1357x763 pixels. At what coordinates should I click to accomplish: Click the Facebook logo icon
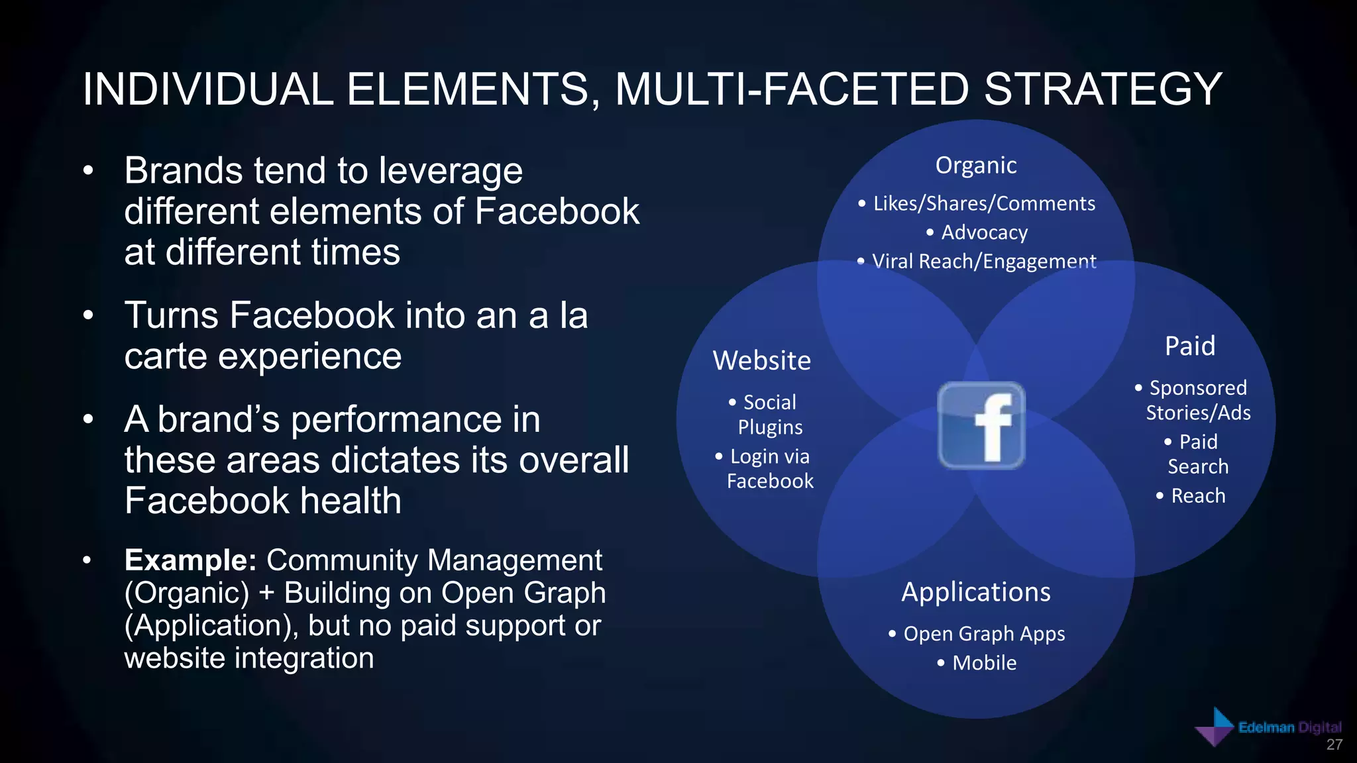point(981,425)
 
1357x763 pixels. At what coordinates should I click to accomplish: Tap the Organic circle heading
point(975,165)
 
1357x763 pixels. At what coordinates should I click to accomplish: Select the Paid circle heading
point(1190,346)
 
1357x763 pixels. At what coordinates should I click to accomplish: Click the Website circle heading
point(761,361)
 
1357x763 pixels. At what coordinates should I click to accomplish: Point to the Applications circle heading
point(975,592)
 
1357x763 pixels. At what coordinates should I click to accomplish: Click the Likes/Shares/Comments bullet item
point(983,203)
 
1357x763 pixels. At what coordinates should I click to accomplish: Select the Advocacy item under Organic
point(984,232)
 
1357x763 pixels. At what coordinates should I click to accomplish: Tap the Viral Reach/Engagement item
point(983,262)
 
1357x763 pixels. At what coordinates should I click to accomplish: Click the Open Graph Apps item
point(983,634)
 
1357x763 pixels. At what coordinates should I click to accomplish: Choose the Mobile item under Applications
point(984,663)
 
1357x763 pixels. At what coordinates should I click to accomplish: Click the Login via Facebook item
point(769,468)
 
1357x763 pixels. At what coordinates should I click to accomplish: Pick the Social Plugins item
point(769,415)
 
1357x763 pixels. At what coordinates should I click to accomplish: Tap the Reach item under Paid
point(1197,496)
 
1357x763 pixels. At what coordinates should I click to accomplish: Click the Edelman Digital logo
point(1267,728)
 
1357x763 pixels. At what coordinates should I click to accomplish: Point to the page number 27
point(1334,745)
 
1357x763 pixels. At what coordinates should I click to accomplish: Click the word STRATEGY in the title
point(1103,89)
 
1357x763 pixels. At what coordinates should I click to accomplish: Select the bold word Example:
point(190,560)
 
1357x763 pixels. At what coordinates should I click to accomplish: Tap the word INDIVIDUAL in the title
point(207,89)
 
